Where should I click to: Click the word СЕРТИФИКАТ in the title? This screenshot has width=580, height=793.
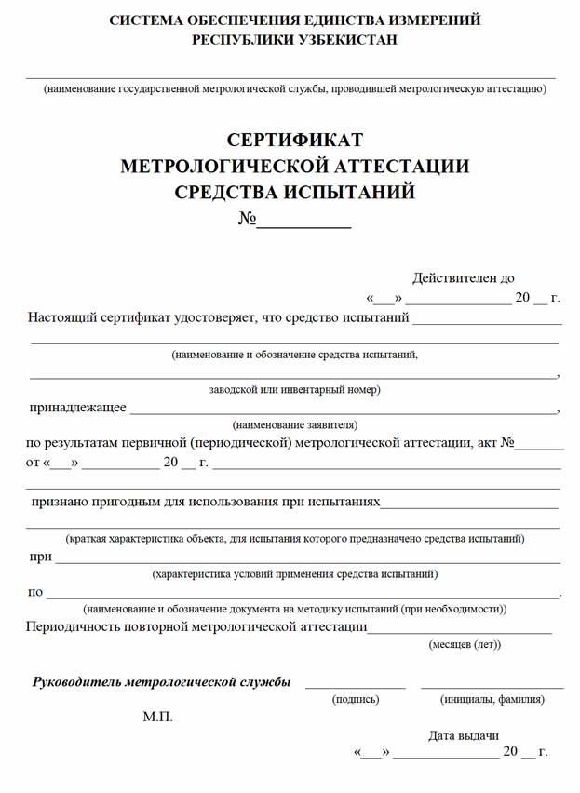[x=294, y=141]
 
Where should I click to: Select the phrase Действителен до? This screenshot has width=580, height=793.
[x=463, y=277]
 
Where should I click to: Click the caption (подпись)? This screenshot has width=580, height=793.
[x=356, y=699]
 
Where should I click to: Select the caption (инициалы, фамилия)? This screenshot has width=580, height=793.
[x=492, y=699]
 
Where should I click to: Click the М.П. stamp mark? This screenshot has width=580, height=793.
[x=158, y=718]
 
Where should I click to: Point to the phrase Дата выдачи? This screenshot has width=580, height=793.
[x=464, y=734]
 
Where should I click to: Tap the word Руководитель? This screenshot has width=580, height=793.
[x=77, y=682]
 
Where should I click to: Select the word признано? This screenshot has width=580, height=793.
[x=61, y=501]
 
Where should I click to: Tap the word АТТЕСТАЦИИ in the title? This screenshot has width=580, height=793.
[x=388, y=167]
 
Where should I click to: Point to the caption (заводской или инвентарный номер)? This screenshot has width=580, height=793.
[x=294, y=389]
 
